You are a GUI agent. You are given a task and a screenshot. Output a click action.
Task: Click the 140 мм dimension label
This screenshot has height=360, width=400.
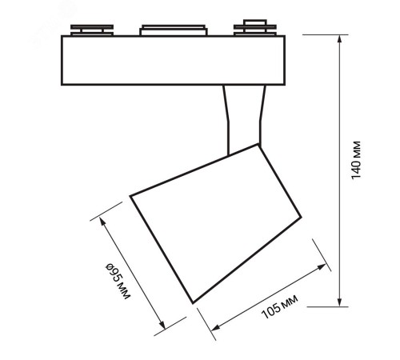tap(356, 160)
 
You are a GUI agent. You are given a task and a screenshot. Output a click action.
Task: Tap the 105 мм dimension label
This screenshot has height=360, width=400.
tap(279, 306)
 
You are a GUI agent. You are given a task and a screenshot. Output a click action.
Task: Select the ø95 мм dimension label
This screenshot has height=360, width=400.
tap(118, 281)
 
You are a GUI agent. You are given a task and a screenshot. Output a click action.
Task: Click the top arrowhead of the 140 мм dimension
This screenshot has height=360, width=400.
tap(339, 38)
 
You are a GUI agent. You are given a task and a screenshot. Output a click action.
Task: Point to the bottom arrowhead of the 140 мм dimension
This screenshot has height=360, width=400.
tap(339, 302)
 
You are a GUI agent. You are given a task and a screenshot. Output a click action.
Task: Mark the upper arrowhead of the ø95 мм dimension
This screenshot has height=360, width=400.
tap(102, 221)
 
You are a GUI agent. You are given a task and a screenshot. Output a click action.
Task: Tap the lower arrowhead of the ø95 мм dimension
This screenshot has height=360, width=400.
tap(162, 325)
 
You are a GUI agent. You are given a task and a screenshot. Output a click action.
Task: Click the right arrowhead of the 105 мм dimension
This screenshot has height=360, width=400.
tap(322, 266)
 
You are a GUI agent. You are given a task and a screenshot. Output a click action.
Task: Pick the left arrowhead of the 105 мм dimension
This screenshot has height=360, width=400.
tap(215, 328)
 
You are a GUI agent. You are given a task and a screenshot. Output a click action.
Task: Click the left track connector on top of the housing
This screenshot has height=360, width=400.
tap(92, 30)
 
